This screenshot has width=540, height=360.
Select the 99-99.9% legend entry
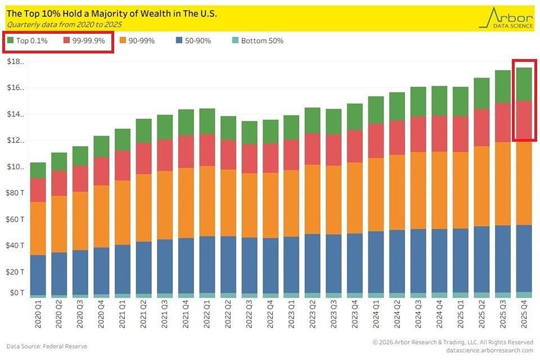tap(84, 40)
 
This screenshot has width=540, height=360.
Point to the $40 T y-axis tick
tap(15, 245)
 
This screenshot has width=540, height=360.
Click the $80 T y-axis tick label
tap(15, 193)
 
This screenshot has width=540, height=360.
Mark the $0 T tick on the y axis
tap(17, 292)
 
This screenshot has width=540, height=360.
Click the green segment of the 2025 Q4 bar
tap(524, 84)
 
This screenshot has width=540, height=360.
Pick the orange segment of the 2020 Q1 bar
tap(38, 228)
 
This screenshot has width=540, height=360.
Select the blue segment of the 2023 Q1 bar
tap(291, 264)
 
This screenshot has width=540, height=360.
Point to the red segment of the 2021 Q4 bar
tap(186, 151)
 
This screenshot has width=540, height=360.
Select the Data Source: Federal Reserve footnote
tap(47, 346)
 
